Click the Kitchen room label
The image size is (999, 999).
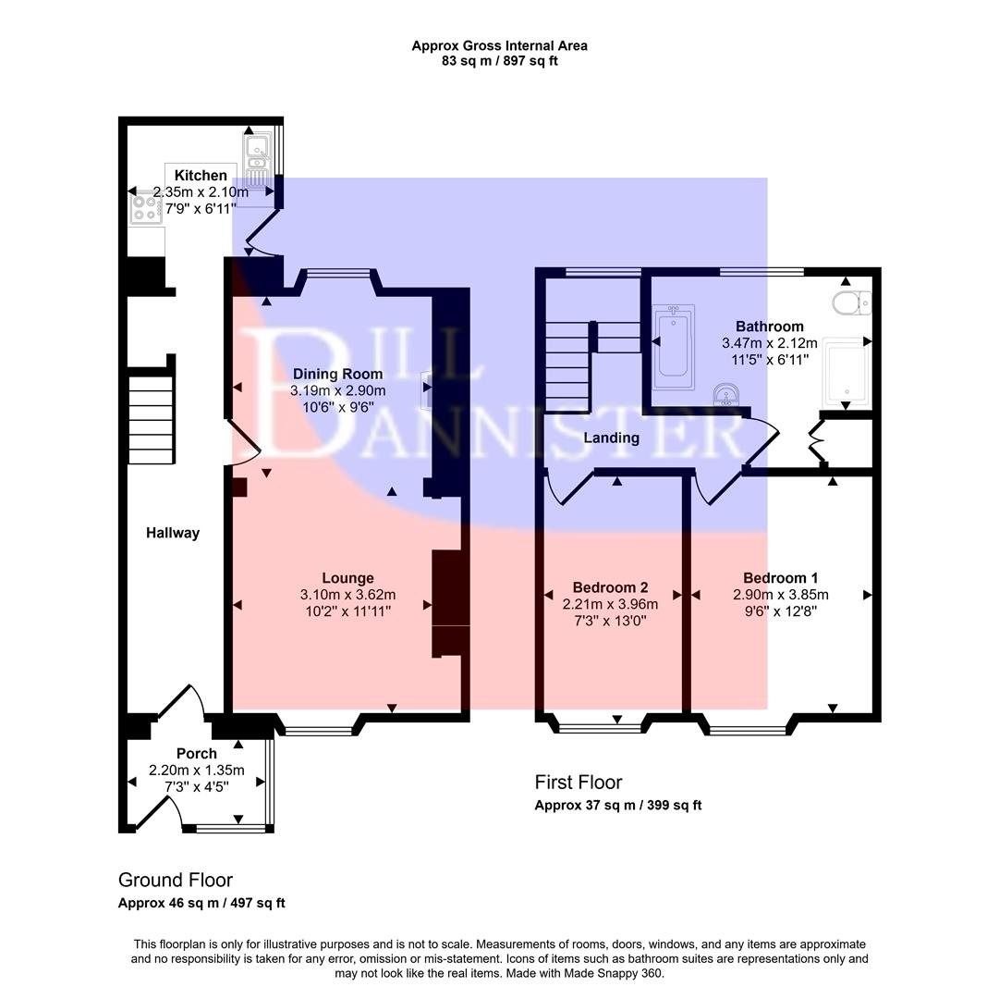click(x=201, y=176)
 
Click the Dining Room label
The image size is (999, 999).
click(x=336, y=375)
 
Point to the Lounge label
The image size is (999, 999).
click(x=347, y=578)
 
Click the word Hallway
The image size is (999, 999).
click(x=173, y=533)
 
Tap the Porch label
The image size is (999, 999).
click(x=196, y=754)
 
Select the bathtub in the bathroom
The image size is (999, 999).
click(x=673, y=349)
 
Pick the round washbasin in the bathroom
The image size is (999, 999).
click(x=726, y=397)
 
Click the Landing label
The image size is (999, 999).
click(x=612, y=438)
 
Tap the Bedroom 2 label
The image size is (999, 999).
click(x=610, y=587)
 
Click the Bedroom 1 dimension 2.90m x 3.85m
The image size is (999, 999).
click(x=781, y=595)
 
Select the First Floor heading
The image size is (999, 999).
click(x=579, y=783)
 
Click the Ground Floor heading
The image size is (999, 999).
click(x=176, y=881)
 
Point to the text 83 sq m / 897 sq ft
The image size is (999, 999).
click(x=499, y=61)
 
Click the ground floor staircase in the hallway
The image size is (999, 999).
click(x=151, y=418)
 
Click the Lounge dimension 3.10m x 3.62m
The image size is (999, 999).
click(x=347, y=595)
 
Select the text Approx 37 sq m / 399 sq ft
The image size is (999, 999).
click(x=617, y=806)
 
